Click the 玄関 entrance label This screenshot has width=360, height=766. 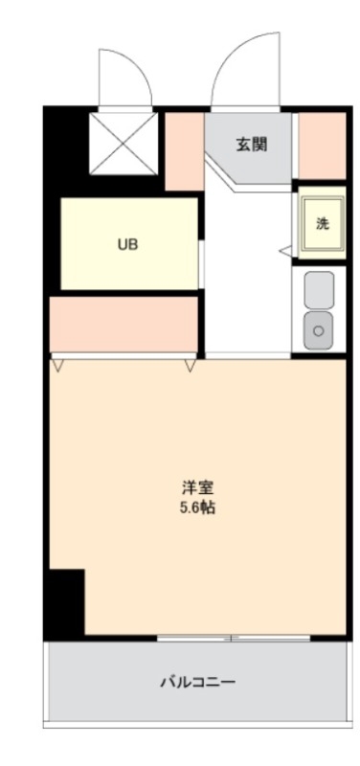pyautogui.click(x=252, y=145)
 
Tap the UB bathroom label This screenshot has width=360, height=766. pyautogui.click(x=127, y=244)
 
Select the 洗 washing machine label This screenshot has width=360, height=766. pyautogui.click(x=322, y=223)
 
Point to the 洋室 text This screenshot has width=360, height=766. pyautogui.click(x=198, y=487)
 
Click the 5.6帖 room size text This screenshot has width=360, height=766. pyautogui.click(x=198, y=508)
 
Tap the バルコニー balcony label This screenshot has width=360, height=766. pyautogui.click(x=198, y=681)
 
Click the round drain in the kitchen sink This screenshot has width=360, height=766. pyautogui.click(x=319, y=331)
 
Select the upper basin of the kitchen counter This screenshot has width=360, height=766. pyautogui.click(x=319, y=290)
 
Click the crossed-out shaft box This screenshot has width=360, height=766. pyautogui.click(x=124, y=144)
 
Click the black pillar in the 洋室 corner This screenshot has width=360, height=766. pyautogui.click(x=67, y=602)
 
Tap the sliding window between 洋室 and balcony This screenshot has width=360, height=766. pyautogui.click(x=234, y=638)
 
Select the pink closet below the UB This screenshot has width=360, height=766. pyautogui.click(x=124, y=324)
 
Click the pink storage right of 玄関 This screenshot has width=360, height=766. pyautogui.click(x=322, y=146)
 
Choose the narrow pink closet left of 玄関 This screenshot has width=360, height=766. pyautogui.click(x=184, y=151)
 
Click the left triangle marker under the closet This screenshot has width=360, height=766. pyautogui.click(x=58, y=365)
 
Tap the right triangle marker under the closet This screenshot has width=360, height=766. pyautogui.click(x=191, y=365)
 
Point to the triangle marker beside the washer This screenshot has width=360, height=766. pyautogui.click(x=285, y=251)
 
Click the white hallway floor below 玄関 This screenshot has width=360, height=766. pyautogui.click(x=248, y=274)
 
